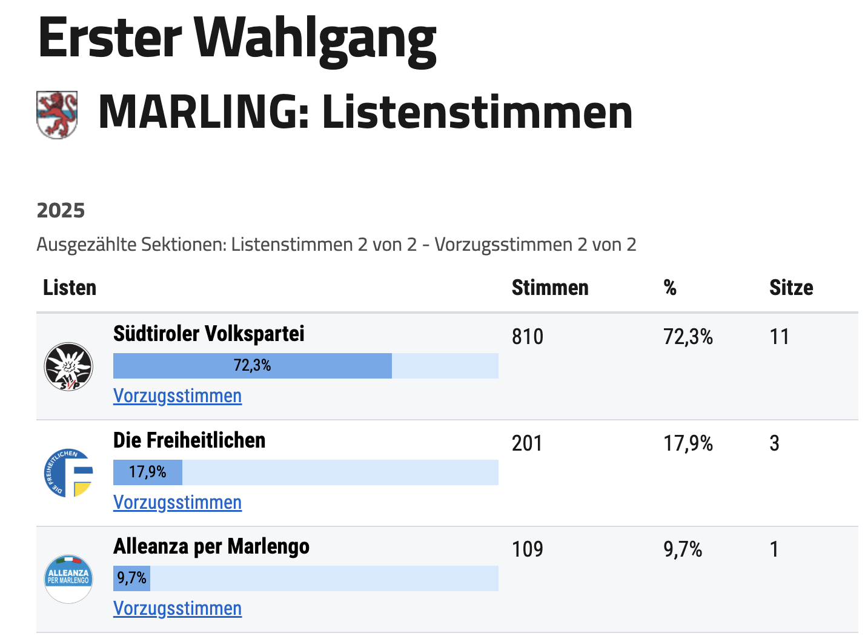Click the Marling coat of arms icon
tap(57, 114)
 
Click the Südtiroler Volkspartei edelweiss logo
tap(68, 366)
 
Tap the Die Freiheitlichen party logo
tap(68, 473)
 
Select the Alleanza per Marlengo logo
tap(68, 579)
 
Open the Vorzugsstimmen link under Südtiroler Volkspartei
tap(177, 396)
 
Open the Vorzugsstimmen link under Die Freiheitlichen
tap(177, 503)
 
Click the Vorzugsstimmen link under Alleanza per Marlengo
tap(177, 609)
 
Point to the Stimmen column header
tap(550, 288)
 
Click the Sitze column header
tap(791, 288)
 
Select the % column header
tap(670, 288)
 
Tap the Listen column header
tap(70, 288)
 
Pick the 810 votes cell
tap(528, 337)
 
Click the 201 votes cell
tap(527, 443)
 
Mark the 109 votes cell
tap(528, 549)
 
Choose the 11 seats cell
tap(780, 337)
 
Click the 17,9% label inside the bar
tap(148, 472)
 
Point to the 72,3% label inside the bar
tap(253, 366)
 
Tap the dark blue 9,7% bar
tap(131, 578)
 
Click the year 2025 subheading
tap(61, 210)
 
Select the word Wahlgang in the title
tap(316, 39)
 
